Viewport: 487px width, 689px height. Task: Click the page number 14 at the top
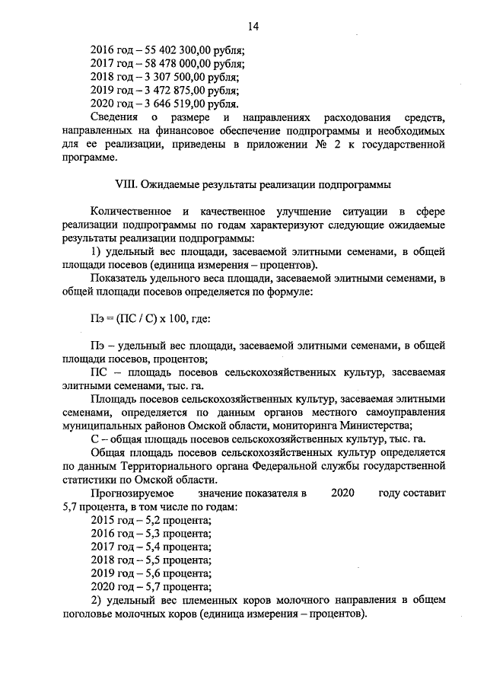click(253, 27)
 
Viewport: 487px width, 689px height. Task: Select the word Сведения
click(114, 118)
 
